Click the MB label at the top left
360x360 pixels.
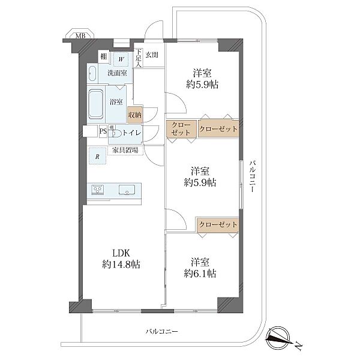tap(80, 36)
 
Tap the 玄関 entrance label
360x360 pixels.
tap(152, 55)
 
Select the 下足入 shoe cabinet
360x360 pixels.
tap(138, 58)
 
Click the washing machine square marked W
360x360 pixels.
tap(121, 59)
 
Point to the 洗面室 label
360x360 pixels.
tap(117, 73)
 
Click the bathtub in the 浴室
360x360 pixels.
tap(96, 104)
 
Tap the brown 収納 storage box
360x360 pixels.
tap(135, 115)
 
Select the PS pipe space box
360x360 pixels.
tap(103, 131)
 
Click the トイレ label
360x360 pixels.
tap(132, 133)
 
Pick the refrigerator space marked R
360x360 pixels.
tap(98, 156)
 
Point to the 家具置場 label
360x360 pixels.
tap(125, 150)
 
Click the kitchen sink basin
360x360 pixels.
tap(127, 190)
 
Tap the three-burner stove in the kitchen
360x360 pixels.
tap(98, 190)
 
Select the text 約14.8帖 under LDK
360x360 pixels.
tap(121, 265)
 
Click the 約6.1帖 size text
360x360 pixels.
tap(200, 274)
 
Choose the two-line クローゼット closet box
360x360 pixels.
tap(181, 128)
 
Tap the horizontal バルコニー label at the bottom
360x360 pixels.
tap(161, 332)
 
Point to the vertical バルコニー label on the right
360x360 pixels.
tap(253, 176)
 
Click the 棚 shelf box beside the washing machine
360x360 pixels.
tap(104, 56)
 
